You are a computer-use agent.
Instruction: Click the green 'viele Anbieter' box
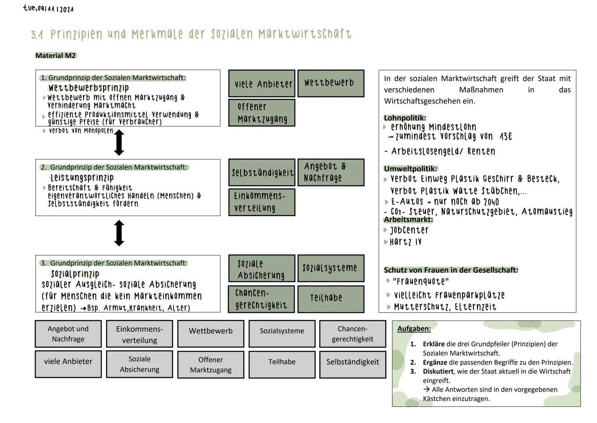coord(262,84)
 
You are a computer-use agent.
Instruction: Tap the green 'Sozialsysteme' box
coord(331,268)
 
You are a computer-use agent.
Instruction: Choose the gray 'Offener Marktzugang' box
coord(210,365)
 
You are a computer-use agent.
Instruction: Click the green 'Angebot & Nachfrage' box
coord(331,172)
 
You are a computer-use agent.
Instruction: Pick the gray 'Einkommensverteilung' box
coord(139,334)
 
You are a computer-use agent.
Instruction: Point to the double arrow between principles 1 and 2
coord(119,143)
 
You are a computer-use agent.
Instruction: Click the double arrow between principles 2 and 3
coord(119,233)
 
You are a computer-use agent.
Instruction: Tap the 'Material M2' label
coord(56,56)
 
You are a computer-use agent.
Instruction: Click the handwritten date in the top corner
coord(48,9)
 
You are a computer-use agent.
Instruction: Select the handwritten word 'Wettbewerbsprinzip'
coord(88,88)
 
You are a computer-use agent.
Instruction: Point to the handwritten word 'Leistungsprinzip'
coord(82,178)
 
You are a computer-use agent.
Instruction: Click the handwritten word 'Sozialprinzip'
coord(75,273)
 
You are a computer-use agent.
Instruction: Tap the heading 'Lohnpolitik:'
coord(405,118)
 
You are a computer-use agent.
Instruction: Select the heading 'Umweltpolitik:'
coord(410,169)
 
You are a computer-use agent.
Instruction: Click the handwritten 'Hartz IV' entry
coord(405,242)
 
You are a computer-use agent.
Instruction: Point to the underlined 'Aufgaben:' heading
coord(414,329)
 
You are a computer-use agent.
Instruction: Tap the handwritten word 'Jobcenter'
coord(409,230)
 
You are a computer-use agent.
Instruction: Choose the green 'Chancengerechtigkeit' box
coord(261,299)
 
